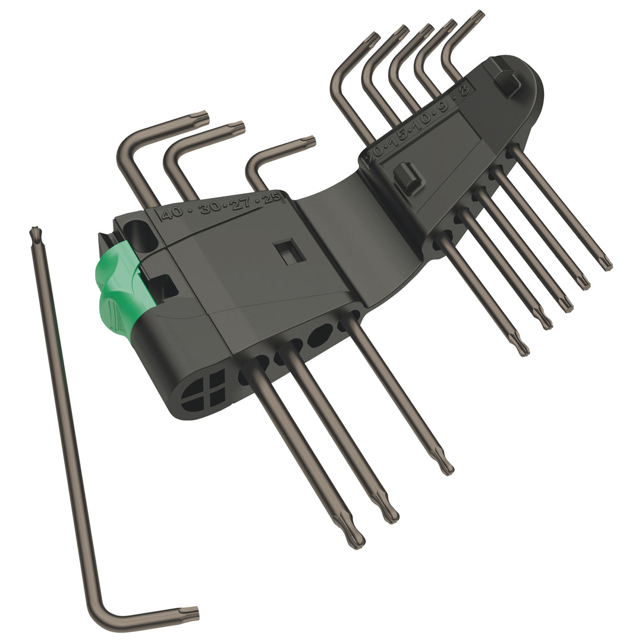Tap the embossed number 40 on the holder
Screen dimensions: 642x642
[171, 213]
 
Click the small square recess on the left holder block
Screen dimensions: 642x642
[291, 251]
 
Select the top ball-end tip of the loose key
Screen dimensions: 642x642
[35, 233]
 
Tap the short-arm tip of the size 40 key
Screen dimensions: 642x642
[202, 118]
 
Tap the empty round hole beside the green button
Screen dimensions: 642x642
[139, 234]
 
